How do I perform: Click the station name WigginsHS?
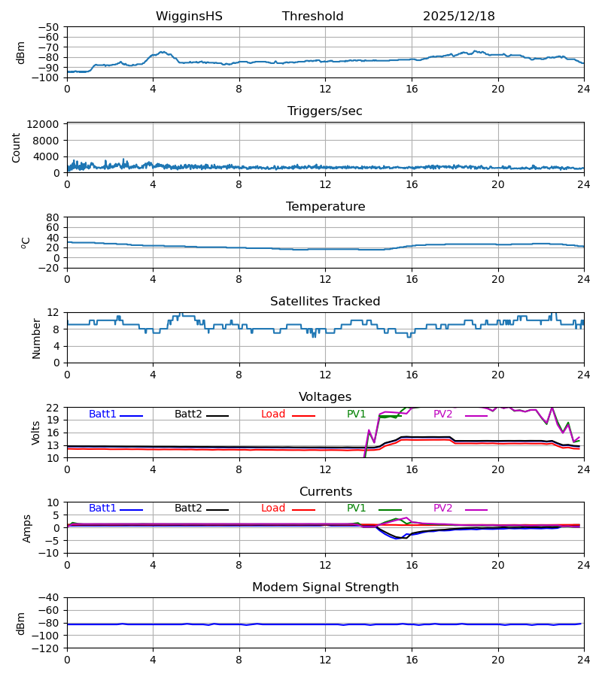click(189, 17)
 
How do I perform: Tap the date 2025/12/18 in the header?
click(458, 17)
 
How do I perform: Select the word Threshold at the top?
click(312, 17)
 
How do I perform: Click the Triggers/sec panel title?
click(324, 111)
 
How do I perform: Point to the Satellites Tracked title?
click(324, 302)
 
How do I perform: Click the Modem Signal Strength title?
click(324, 587)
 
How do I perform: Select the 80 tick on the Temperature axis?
click(53, 217)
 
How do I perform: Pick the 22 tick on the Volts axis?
click(53, 408)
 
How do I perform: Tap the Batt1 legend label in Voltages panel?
click(102, 414)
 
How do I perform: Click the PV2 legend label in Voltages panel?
click(442, 414)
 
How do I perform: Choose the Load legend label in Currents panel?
click(273, 509)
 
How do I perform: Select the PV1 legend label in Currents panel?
click(356, 509)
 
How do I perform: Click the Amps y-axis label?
click(28, 528)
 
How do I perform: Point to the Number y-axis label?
click(36, 338)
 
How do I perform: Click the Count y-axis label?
click(17, 147)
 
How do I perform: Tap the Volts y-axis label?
click(36, 433)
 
